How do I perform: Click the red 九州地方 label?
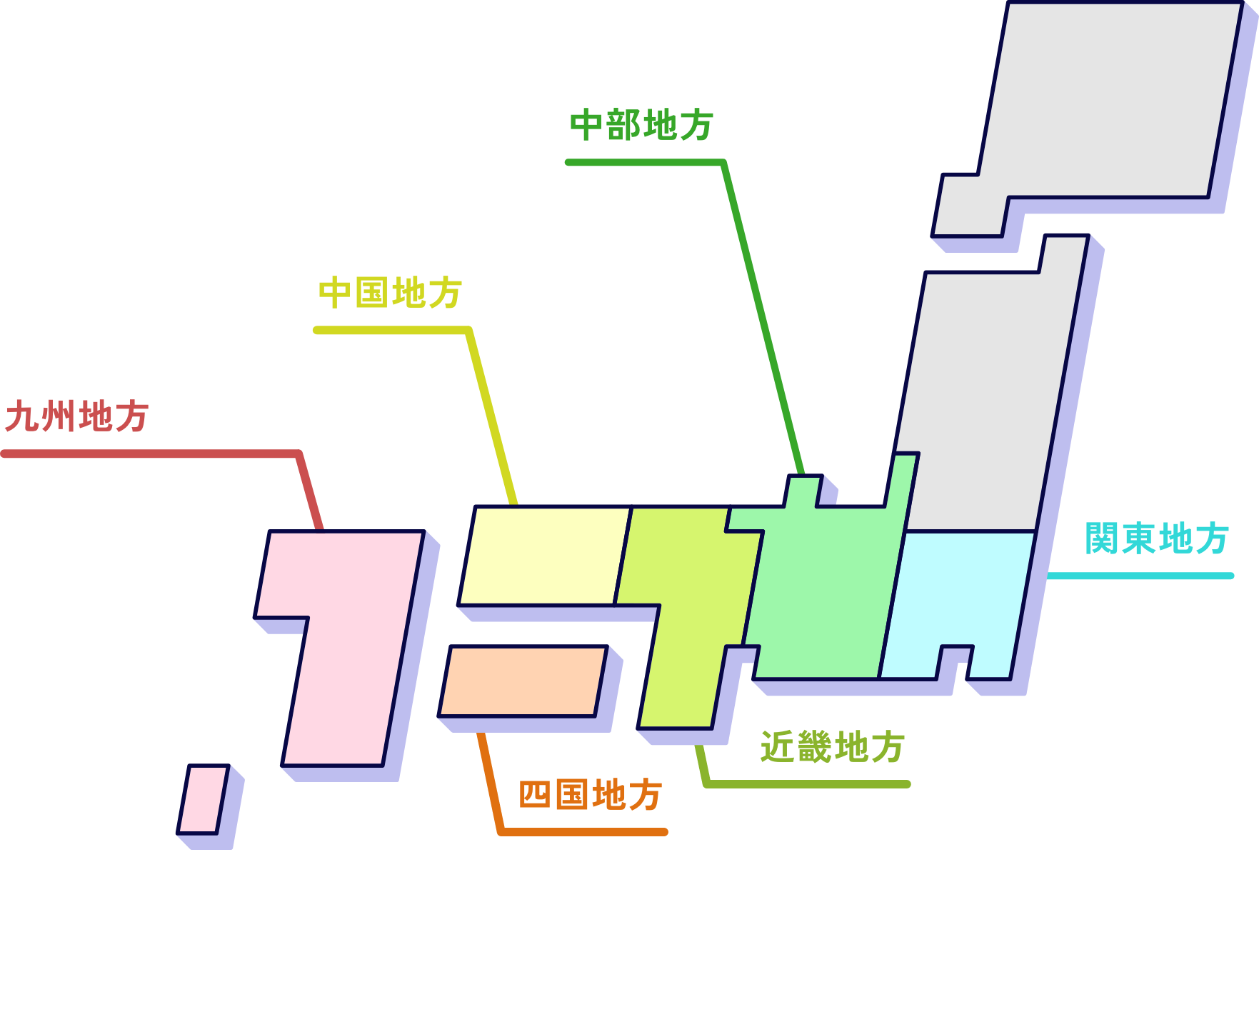pyautogui.click(x=76, y=416)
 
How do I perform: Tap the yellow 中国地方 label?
pyautogui.click(x=390, y=293)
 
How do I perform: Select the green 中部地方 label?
pyautogui.click(x=641, y=125)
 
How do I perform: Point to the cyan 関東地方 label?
pyautogui.click(x=1156, y=538)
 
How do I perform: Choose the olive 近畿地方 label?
pyautogui.click(x=832, y=747)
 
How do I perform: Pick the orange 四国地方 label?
pyautogui.click(x=590, y=795)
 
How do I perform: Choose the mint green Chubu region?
pyautogui.click(x=821, y=593)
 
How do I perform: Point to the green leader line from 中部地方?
pyautogui.click(x=764, y=321)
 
